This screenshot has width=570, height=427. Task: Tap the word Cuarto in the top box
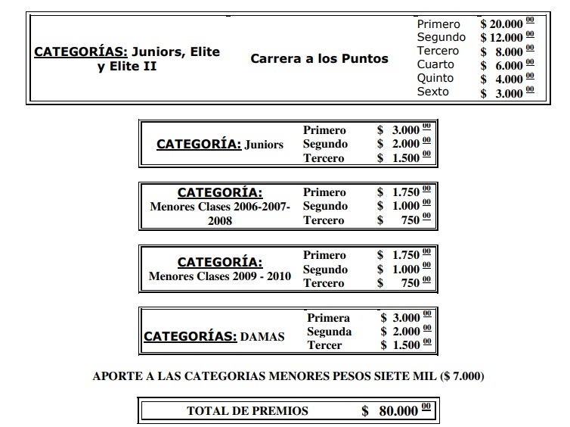(x=436, y=65)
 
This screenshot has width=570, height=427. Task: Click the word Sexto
(x=433, y=92)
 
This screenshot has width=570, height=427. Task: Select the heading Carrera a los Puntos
(x=319, y=58)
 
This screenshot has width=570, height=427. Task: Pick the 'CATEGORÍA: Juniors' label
(x=220, y=144)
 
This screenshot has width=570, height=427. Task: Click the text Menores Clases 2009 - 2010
(x=220, y=276)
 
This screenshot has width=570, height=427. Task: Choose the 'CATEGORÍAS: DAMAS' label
(x=215, y=335)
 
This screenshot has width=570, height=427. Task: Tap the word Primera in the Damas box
(x=329, y=318)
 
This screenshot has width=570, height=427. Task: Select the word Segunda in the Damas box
(x=329, y=332)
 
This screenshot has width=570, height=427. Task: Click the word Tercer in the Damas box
(x=325, y=345)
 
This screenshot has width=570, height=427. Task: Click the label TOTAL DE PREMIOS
(x=248, y=411)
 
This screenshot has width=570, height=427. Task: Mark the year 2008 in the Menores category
(x=220, y=221)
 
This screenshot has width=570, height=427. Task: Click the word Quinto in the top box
(x=435, y=78)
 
